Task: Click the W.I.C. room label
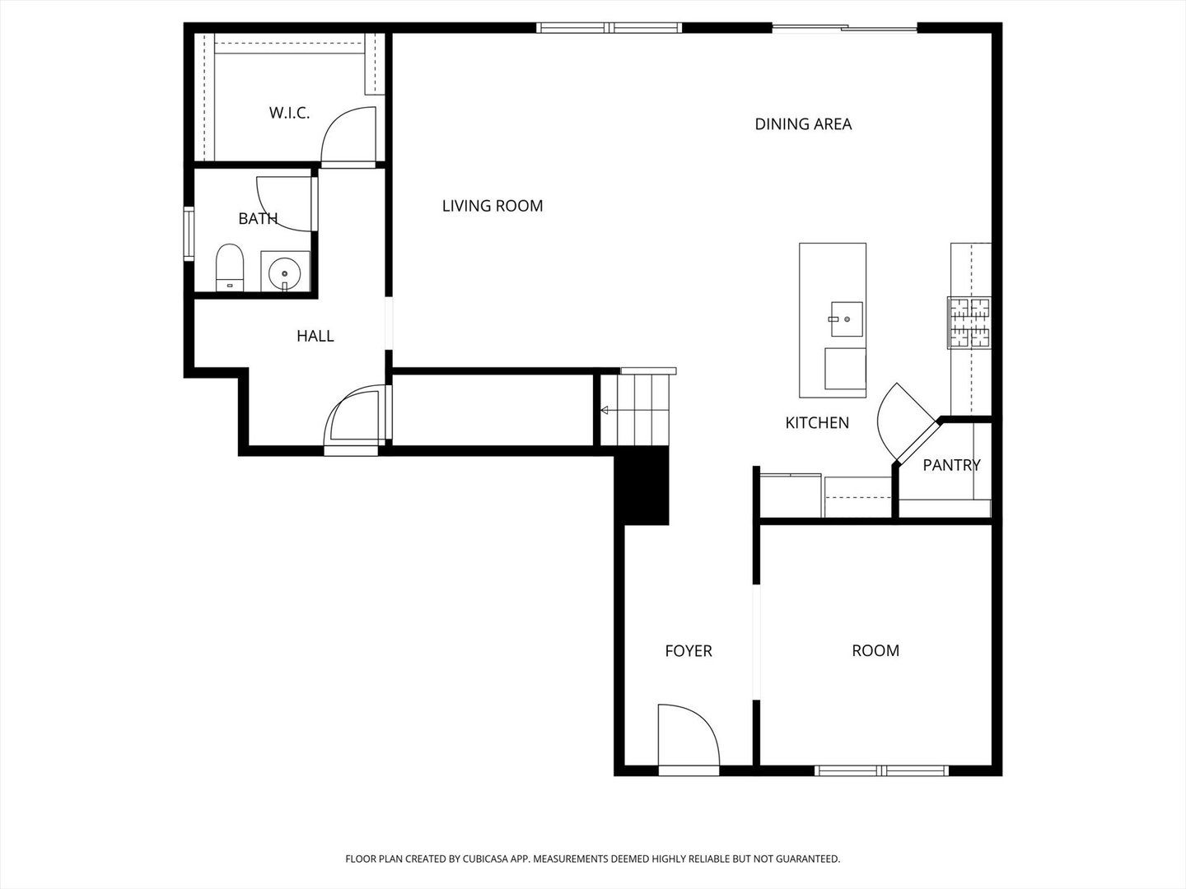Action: pos(289,113)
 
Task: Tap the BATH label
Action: pos(258,218)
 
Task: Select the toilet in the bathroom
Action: pos(230,267)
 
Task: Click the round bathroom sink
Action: pos(285,272)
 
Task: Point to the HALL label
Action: pos(315,336)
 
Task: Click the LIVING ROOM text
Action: pos(493,206)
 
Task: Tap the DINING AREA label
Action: pos(803,124)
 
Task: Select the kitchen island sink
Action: pos(846,319)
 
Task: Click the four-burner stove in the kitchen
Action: pos(969,322)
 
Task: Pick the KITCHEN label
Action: pos(817,423)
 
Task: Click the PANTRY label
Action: pos(951,465)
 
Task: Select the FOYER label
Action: pos(689,651)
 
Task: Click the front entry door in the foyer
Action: pos(689,737)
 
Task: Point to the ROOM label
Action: pos(875,651)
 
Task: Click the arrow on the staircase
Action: pos(605,410)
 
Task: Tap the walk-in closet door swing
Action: pos(348,136)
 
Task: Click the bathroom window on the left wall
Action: pos(189,235)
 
